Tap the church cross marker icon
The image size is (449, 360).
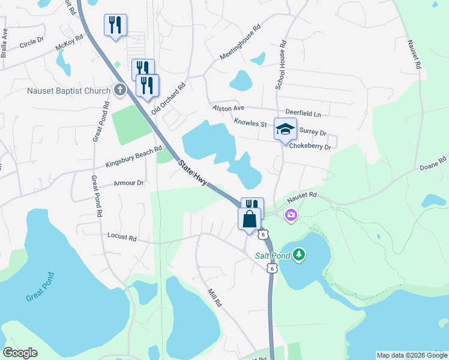pos(120,91)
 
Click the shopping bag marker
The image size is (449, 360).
pos(249,219)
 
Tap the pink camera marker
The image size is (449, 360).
pos(291,215)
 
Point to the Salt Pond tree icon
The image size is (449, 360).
pos(299,256)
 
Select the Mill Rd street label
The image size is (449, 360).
pos(214,298)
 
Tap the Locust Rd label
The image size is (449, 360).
pos(122,238)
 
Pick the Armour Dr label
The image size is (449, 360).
pos(128,183)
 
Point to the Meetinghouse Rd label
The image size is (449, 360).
pos(241,42)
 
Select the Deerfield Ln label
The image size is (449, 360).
pos(303,113)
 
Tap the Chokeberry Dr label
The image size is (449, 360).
pos(310,146)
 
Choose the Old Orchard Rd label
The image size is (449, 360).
pos(169,98)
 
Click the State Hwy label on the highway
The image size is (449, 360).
pos(192,172)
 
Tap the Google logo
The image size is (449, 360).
pos(20,353)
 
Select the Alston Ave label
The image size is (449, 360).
pos(229,108)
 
